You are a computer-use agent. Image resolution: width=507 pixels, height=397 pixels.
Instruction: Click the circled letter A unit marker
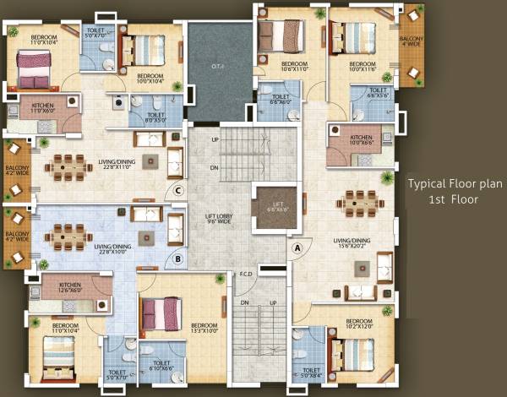coord(297,248)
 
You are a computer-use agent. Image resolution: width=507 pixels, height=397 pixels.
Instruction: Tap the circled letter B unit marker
coord(178,259)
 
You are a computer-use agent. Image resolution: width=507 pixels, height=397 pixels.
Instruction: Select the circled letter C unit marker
coord(178,190)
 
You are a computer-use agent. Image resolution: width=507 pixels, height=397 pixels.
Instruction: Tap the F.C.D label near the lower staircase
coord(246,274)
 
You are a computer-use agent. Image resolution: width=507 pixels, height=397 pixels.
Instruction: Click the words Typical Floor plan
coord(450,183)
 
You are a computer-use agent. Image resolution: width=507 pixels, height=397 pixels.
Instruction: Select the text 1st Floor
coord(455,200)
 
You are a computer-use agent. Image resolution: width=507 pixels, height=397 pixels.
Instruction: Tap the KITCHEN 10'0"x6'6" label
coord(361,140)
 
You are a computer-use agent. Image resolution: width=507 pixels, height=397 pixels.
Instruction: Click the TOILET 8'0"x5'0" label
coord(155,117)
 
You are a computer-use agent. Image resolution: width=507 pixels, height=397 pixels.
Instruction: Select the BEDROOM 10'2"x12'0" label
coord(359,324)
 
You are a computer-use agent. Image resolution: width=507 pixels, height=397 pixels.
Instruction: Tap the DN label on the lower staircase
coord(244,302)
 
